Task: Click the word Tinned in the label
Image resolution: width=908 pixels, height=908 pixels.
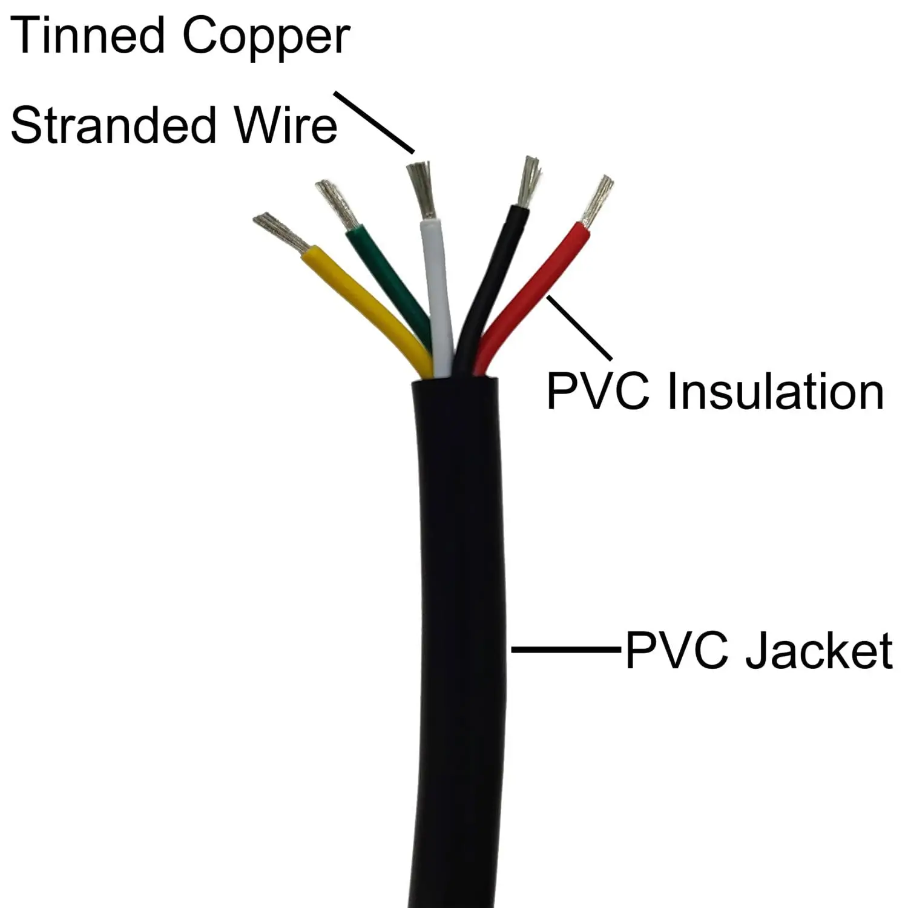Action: pos(87,36)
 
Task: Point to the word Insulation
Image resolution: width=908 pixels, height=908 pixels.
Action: pos(775,392)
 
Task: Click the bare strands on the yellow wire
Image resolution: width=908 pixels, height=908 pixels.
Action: pos(281,232)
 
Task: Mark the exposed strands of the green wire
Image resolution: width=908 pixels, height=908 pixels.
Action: pos(337,203)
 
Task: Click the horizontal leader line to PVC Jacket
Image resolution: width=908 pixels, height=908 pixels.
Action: pos(566,650)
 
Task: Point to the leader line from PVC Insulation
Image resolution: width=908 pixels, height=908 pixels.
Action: pos(578,327)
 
